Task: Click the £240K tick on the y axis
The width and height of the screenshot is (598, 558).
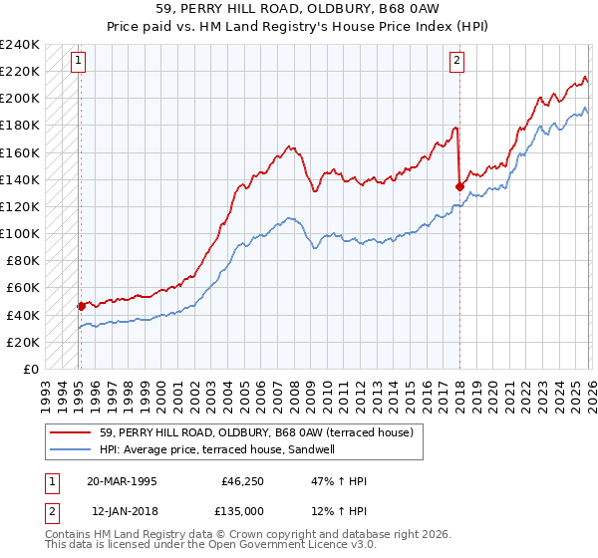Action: click(20, 45)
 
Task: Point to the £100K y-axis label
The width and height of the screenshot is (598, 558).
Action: click(20, 233)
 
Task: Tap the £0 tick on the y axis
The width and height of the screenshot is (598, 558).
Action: click(30, 369)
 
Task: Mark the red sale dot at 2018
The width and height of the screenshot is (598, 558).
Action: click(458, 185)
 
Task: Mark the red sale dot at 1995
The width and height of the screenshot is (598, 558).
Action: click(82, 306)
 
